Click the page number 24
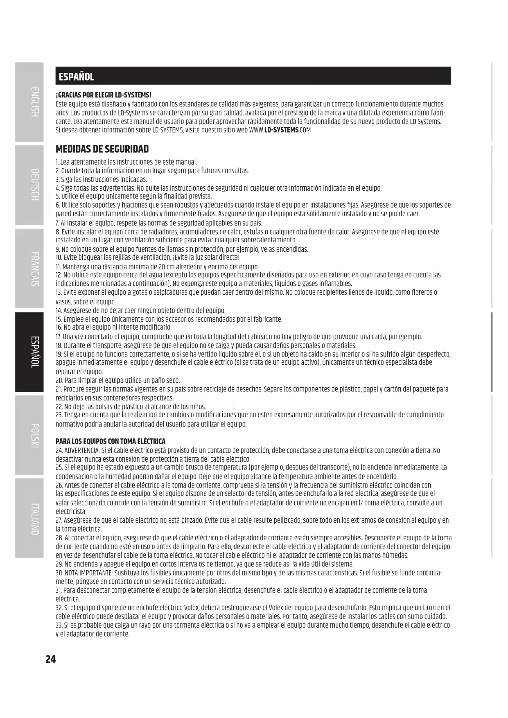[50, 659]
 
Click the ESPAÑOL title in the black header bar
[77, 77]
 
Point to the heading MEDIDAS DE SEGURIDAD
[102, 149]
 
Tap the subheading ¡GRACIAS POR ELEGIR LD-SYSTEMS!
[104, 95]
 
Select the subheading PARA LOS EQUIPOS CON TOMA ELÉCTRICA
[111, 441]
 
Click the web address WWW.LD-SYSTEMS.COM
[280, 130]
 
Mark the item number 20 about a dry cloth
[59, 381]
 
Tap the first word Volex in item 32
[192, 608]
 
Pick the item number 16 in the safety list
[59, 327]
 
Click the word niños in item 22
[198, 406]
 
